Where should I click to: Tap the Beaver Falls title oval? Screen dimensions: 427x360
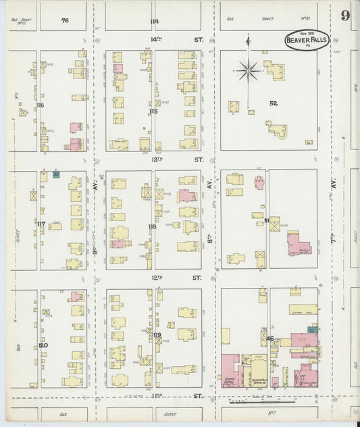[x=307, y=41]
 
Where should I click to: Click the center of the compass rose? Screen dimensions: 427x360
[x=249, y=70]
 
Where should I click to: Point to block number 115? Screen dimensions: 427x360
[x=153, y=111]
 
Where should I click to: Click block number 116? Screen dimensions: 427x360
[x=41, y=105]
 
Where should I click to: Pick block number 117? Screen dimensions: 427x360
[x=41, y=224]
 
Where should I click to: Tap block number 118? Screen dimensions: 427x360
[x=153, y=227]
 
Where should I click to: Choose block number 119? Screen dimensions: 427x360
[x=157, y=335]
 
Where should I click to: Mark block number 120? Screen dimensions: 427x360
[x=43, y=345]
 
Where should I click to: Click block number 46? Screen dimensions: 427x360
[x=269, y=338]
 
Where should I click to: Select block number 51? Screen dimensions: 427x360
[x=267, y=220]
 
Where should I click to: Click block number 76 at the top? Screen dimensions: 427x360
[x=65, y=21]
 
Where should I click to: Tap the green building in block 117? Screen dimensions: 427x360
[x=56, y=174]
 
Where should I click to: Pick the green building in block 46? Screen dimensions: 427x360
[x=312, y=329]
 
